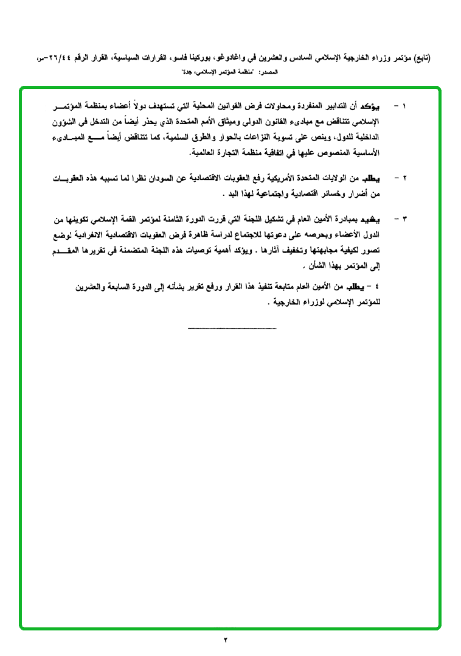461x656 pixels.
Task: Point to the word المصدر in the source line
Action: point(268,72)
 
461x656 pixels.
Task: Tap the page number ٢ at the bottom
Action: point(225,640)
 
